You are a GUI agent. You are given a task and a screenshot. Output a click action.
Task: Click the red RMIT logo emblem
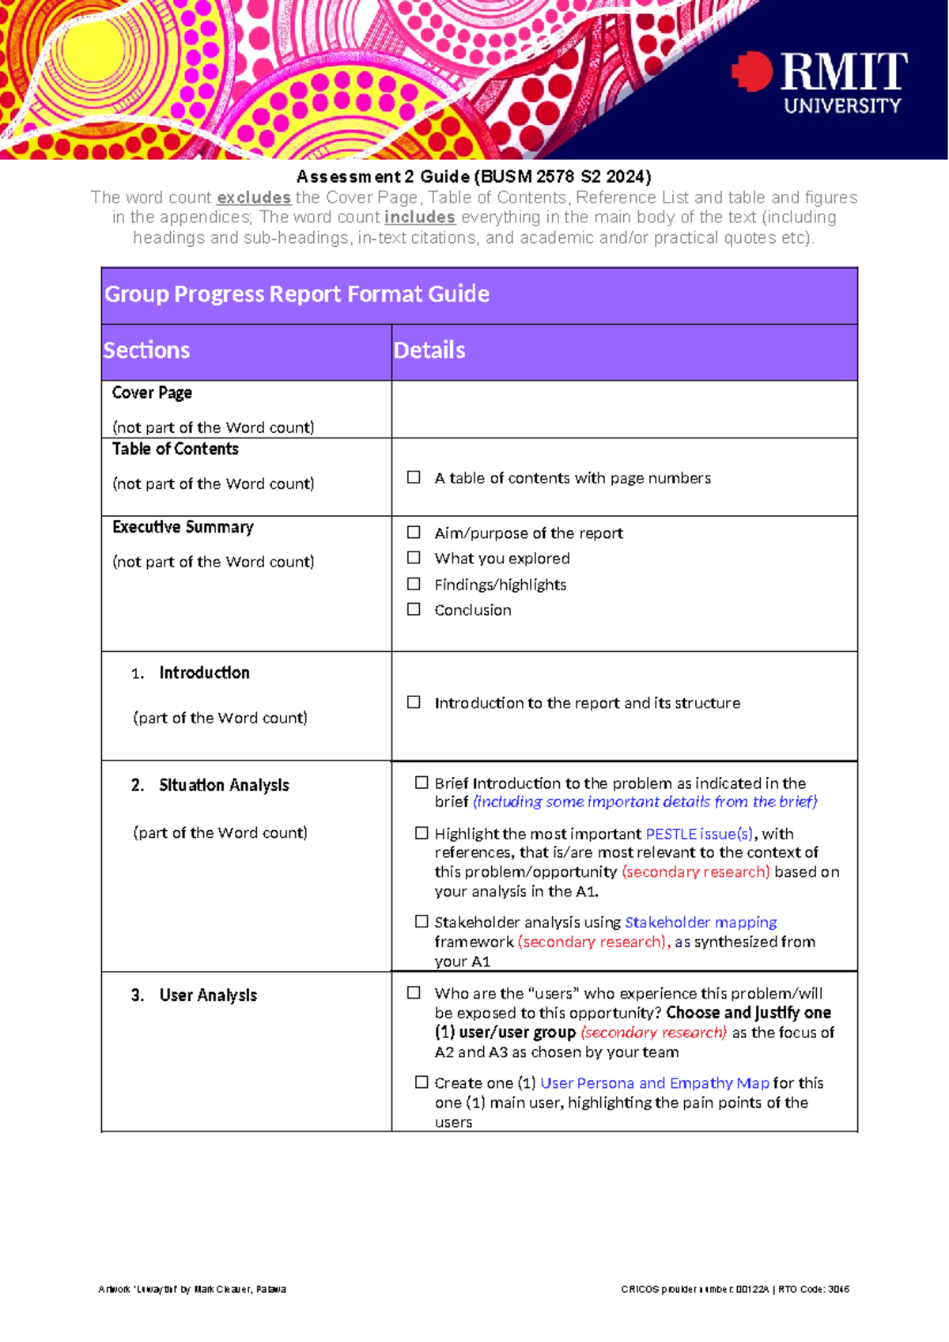coord(752,71)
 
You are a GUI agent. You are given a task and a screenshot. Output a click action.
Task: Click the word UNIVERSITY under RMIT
coord(842,106)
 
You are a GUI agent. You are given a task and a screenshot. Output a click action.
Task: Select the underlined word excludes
coord(254,198)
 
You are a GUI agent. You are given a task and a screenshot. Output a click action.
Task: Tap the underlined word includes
coord(419,218)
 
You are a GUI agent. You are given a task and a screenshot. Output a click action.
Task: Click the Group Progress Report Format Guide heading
coord(297,294)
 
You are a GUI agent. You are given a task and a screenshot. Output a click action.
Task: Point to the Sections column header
coord(146,351)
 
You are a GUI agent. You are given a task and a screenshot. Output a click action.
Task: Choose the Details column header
coord(429,351)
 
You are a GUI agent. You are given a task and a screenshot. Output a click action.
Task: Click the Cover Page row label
coord(152,393)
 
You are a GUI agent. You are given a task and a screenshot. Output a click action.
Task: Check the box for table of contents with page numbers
coord(414,477)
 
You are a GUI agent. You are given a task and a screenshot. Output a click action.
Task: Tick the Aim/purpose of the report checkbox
coord(414,533)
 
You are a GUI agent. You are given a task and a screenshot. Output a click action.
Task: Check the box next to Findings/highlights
coord(414,584)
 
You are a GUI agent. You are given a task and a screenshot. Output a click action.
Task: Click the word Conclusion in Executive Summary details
coord(472,610)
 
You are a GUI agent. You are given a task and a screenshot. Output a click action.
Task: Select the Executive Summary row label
coord(183,527)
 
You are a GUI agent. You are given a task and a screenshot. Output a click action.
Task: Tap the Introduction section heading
coord(204,673)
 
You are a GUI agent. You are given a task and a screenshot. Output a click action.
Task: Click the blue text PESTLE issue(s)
coord(699,834)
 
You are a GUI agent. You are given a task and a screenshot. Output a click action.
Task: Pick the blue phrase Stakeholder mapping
coord(701,923)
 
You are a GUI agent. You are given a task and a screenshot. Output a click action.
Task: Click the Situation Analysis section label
coord(224,785)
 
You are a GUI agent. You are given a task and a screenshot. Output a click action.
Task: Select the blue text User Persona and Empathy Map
coord(654,1083)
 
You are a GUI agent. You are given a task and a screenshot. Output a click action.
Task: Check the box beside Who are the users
coord(414,993)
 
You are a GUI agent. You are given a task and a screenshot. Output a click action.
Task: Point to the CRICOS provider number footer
coord(735,1289)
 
